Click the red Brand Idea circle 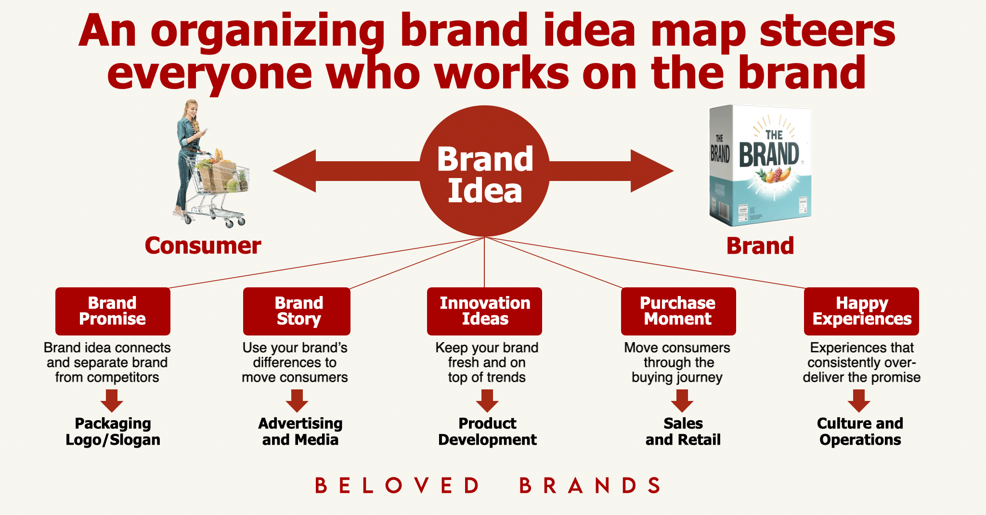(484, 171)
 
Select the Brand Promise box (113, 311)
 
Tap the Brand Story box (297, 311)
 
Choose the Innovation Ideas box (484, 311)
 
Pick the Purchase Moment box (678, 311)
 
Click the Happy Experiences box (861, 311)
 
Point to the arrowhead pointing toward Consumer (294, 171)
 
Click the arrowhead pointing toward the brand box (652, 171)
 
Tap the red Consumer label (203, 246)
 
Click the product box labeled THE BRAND (760, 166)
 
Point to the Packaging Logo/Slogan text (113, 431)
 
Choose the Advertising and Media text (300, 431)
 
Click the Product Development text (487, 431)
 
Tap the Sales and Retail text (683, 431)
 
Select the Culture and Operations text (860, 431)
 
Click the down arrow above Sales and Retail (682, 401)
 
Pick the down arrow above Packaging (112, 401)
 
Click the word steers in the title (827, 30)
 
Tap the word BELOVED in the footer (397, 486)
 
